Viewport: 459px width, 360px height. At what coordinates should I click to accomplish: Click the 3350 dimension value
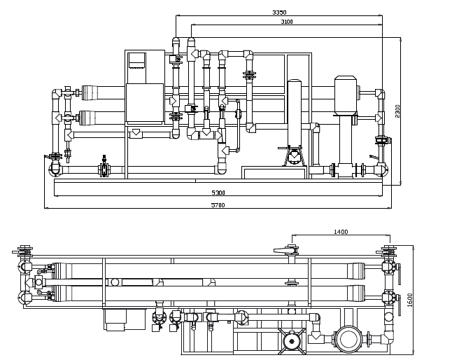[279, 13]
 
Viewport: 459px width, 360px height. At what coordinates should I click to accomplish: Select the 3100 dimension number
[287, 22]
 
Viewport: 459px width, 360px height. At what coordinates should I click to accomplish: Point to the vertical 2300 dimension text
[397, 111]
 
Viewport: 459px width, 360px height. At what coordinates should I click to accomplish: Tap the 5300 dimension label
[218, 193]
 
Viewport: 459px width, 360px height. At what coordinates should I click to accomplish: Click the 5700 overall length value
[218, 205]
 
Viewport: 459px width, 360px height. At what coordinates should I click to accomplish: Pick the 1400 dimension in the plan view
[341, 232]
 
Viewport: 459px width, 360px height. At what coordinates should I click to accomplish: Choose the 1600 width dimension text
[409, 300]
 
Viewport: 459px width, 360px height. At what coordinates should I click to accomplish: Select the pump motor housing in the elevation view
[346, 95]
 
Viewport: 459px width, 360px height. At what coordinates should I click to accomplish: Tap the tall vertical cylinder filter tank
[294, 113]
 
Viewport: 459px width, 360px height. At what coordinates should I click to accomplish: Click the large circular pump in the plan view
[348, 339]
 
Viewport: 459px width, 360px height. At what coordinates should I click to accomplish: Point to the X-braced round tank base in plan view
[292, 341]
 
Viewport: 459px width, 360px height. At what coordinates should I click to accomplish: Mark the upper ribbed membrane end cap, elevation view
[89, 93]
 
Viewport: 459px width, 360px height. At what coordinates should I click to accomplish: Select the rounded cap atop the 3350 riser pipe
[176, 41]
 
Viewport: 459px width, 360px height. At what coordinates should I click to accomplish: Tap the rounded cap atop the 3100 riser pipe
[191, 41]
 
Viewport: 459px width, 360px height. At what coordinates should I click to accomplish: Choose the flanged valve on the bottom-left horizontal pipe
[104, 169]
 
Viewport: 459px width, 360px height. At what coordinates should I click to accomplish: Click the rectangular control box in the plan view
[125, 319]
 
